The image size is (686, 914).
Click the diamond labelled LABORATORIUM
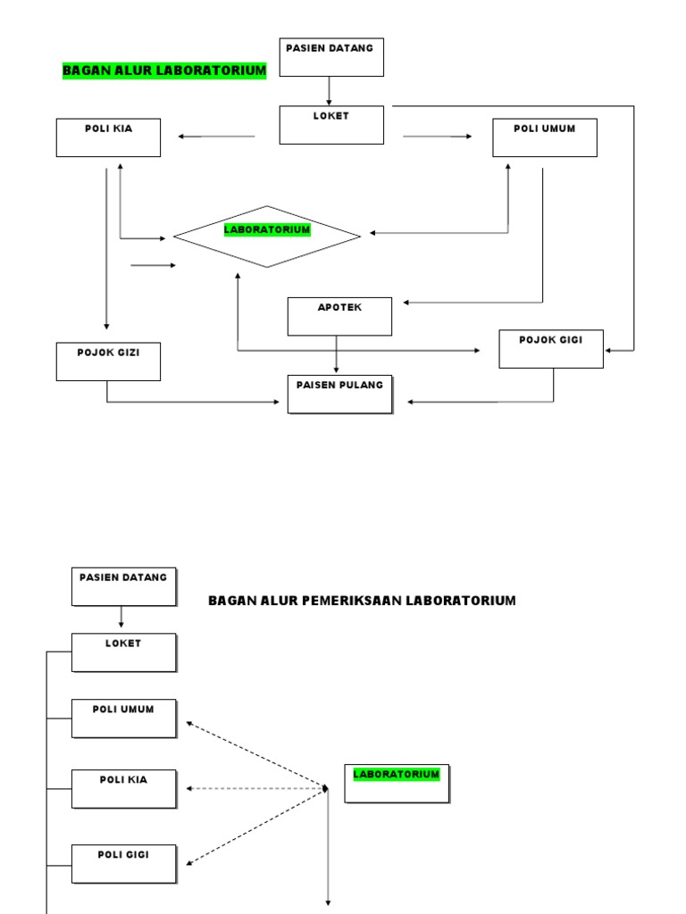click(x=266, y=237)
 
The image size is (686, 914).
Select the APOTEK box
click(x=339, y=316)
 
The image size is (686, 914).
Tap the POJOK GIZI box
click(x=108, y=361)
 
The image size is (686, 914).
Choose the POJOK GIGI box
click(x=550, y=348)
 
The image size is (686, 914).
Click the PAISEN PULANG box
click(x=339, y=394)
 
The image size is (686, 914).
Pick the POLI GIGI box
click(x=123, y=863)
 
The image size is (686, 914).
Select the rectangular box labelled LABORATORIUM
click(x=397, y=783)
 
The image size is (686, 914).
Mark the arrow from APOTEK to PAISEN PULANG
click(x=337, y=354)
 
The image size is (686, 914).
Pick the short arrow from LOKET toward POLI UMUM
click(x=438, y=137)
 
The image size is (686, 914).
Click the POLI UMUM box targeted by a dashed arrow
click(x=123, y=718)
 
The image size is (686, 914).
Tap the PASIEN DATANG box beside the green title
click(x=331, y=57)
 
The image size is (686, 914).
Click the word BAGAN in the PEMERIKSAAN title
click(x=229, y=601)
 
